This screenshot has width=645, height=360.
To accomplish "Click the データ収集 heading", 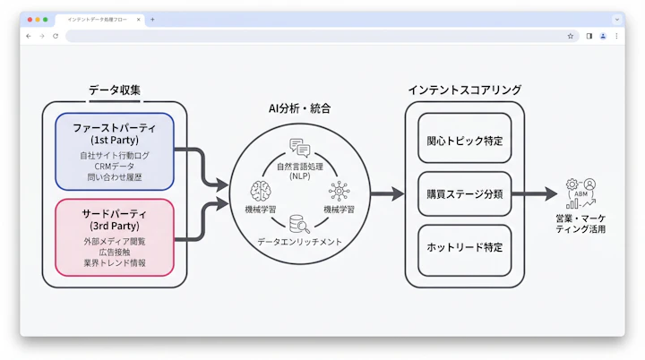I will [114, 90].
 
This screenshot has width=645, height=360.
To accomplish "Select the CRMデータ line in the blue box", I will [114, 167].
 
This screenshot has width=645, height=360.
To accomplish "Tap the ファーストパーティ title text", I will [114, 128].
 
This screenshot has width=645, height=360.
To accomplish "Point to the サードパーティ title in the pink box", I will [114, 215].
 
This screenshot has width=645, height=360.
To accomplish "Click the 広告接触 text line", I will [114, 253].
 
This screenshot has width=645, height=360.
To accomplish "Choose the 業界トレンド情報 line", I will [114, 264].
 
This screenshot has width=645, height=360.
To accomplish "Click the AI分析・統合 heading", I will [299, 108].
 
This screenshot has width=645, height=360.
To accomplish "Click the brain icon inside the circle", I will [262, 191].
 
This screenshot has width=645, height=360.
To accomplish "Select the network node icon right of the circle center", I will [339, 191].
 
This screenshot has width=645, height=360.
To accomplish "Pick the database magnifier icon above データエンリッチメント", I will [299, 225].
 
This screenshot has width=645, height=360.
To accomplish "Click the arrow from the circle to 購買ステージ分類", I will [386, 193].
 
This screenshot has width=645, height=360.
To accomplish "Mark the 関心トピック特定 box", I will [464, 141].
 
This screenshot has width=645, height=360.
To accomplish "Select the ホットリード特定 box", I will [464, 247].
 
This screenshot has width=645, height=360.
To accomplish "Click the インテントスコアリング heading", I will [464, 90].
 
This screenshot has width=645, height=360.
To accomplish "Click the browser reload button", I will [56, 36].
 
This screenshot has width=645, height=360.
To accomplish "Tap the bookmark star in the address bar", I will [570, 36].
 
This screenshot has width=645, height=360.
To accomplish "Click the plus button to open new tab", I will [152, 19].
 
